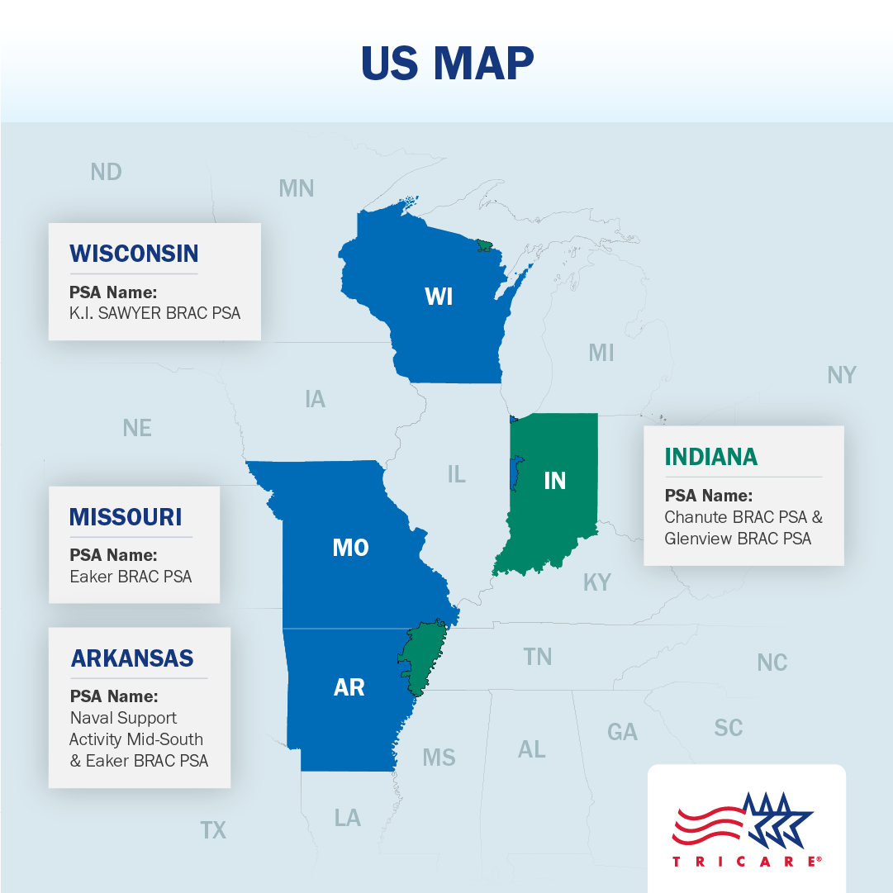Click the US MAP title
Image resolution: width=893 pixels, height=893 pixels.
(x=447, y=63)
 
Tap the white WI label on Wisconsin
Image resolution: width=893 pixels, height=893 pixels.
(x=439, y=296)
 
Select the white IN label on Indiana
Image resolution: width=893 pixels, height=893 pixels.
(x=554, y=480)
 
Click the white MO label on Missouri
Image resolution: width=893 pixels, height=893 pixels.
(x=350, y=547)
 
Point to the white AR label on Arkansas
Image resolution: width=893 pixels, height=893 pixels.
(x=349, y=686)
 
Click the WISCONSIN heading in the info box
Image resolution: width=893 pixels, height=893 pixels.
(x=134, y=253)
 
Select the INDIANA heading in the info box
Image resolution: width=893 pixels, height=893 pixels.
(x=710, y=457)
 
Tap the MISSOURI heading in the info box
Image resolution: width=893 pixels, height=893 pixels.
(x=126, y=517)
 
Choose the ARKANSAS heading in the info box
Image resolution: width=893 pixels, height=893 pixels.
(x=132, y=658)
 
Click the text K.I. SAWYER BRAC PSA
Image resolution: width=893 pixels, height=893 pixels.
(x=155, y=313)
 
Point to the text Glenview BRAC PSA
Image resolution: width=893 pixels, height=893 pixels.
(x=738, y=539)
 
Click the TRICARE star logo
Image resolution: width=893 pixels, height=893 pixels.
(x=746, y=829)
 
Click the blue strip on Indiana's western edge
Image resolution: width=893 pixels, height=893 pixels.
(x=515, y=471)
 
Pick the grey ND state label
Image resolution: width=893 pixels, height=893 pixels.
(x=106, y=172)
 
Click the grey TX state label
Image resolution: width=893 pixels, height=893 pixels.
(x=213, y=829)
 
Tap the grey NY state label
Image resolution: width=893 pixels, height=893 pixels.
(x=841, y=375)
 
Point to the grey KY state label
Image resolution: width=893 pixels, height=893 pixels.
(x=596, y=582)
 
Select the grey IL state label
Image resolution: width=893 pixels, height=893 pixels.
(x=456, y=474)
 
